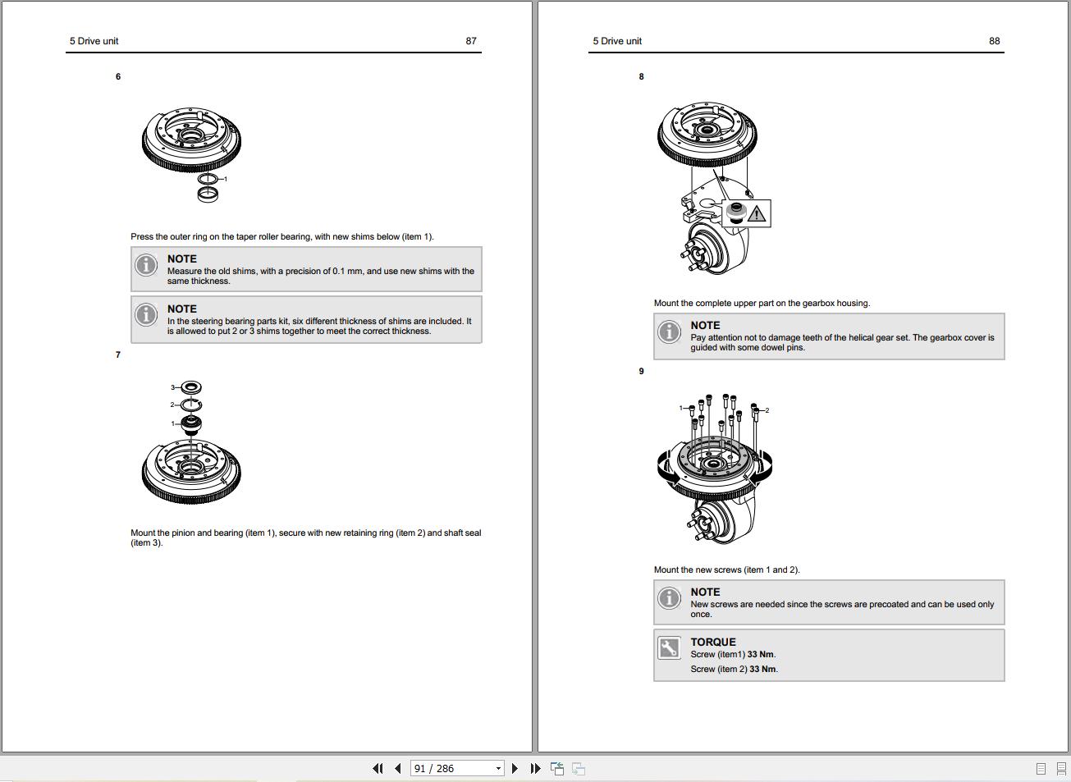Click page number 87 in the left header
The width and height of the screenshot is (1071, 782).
click(x=470, y=41)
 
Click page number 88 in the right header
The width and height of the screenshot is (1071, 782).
click(x=994, y=41)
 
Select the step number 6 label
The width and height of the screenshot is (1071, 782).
click(x=118, y=77)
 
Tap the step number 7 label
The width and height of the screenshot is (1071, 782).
click(x=118, y=355)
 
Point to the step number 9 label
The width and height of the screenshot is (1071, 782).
click(x=641, y=372)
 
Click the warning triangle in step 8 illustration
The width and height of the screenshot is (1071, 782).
click(x=756, y=214)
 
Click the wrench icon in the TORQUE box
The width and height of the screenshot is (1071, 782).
click(x=669, y=648)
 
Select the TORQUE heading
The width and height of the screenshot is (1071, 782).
click(x=712, y=643)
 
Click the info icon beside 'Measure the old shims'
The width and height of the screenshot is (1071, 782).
click(x=146, y=265)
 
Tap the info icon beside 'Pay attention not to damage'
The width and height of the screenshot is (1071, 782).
click(x=669, y=332)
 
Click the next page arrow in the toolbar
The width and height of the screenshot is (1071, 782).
click(x=515, y=769)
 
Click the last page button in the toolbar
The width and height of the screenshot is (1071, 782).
click(x=535, y=769)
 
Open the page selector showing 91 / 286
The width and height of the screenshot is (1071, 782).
click(x=457, y=769)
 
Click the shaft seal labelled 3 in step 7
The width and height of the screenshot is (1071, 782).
click(x=191, y=387)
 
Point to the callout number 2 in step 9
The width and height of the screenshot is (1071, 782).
click(x=767, y=410)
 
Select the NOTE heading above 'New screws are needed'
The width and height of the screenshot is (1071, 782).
click(x=705, y=592)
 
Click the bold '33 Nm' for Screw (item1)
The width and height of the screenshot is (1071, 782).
click(x=761, y=655)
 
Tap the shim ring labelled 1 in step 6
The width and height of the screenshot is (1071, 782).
click(x=208, y=179)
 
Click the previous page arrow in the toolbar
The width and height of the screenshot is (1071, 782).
click(x=398, y=769)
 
